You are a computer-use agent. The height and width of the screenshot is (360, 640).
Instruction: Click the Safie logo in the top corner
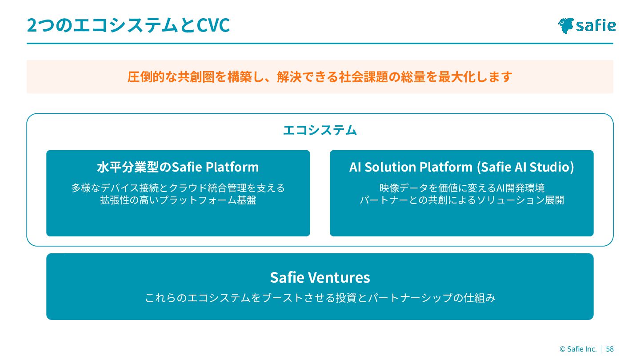pos(587,25)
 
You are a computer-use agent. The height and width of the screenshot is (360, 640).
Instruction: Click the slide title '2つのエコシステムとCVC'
pos(128,25)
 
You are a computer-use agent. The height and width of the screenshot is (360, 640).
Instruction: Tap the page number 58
pos(610,349)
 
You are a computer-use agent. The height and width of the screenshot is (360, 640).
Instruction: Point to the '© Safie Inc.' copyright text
pos(578,349)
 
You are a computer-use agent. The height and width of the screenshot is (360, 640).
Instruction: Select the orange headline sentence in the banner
pos(320,77)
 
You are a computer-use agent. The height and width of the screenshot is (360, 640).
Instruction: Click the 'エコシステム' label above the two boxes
pos(320,130)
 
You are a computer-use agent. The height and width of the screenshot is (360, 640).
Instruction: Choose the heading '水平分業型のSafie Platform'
pos(178,167)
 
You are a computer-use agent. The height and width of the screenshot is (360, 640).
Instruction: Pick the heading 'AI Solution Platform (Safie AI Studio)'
pos(461,167)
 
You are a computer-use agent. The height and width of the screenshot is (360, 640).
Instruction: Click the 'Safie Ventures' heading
pos(320,277)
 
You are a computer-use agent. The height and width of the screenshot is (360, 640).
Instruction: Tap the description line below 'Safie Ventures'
pos(320,298)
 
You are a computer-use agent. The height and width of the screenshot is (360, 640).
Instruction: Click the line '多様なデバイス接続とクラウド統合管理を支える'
pos(178,188)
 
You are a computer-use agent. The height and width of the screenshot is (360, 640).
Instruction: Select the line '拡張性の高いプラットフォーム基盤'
pos(178,200)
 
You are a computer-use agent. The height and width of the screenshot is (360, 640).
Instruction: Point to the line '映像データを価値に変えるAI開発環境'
pos(461,188)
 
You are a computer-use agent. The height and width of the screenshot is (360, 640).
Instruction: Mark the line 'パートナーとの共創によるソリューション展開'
pos(461,200)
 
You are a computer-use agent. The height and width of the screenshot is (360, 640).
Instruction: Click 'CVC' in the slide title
pos(213,25)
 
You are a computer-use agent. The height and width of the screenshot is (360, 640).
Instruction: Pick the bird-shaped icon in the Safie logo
pos(566,25)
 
